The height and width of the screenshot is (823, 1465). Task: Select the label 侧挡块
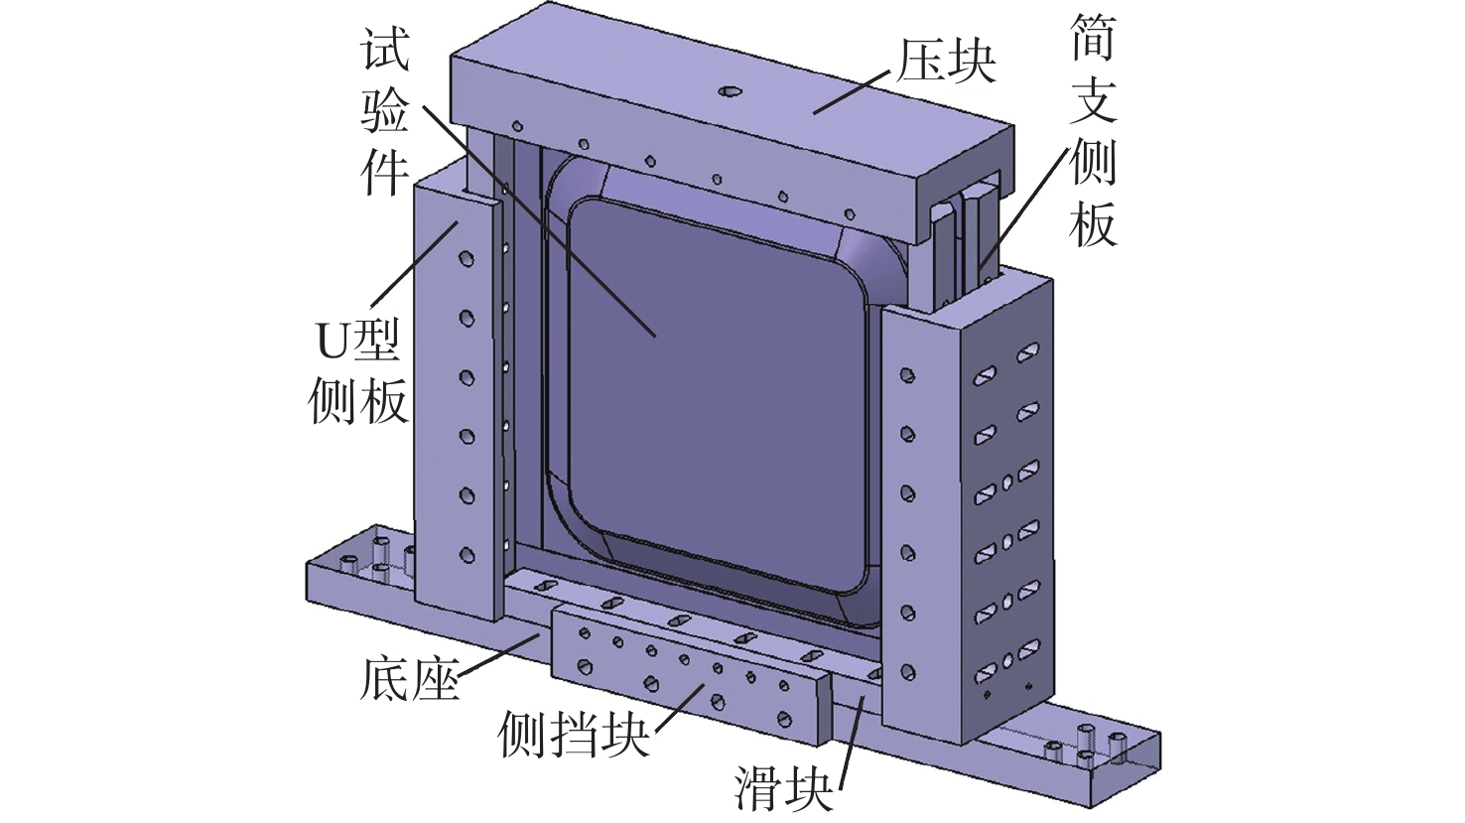tap(574, 734)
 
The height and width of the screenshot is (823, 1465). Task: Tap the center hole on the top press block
tap(731, 91)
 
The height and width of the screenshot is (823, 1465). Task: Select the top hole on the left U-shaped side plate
tap(466, 260)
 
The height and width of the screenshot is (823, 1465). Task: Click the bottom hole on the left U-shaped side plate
tap(466, 553)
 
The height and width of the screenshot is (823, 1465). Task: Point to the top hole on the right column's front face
tap(906, 375)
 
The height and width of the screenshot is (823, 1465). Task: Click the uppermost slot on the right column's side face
tap(1028, 349)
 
